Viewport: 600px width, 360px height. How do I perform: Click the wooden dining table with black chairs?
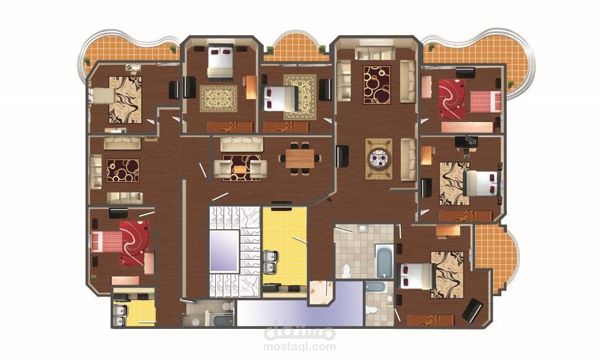(300, 158)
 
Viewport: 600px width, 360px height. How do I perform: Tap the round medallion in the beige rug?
(379, 158)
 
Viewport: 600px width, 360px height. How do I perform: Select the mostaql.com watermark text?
(299, 347)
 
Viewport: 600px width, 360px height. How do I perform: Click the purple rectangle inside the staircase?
(224, 252)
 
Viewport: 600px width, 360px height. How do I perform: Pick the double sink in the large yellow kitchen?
(270, 262)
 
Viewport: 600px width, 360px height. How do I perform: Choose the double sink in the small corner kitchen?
(120, 315)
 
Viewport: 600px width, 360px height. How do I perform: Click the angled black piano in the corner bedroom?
(472, 310)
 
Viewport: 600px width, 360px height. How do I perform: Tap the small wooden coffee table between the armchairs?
(240, 169)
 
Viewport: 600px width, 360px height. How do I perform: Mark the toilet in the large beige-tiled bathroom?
(347, 271)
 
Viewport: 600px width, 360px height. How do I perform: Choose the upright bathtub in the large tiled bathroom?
(384, 260)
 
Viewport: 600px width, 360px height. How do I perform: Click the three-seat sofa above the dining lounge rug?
(241, 144)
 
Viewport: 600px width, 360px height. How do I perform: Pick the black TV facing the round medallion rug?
(342, 156)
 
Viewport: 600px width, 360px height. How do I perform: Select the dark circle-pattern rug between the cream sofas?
(377, 84)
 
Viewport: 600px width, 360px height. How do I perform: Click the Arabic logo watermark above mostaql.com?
(299, 332)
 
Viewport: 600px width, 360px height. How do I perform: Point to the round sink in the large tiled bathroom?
(362, 229)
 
